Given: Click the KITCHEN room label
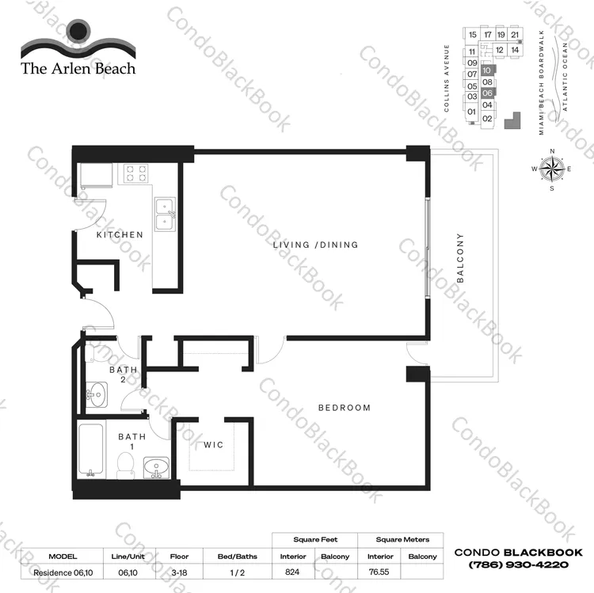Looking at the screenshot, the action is tap(120, 235).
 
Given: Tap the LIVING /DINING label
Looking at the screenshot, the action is tap(315, 245).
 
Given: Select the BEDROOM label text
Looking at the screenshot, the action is tap(345, 408).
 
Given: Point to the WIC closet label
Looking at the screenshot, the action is tap(213, 445).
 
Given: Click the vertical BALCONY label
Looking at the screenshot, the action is tap(460, 258).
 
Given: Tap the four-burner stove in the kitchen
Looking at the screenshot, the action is tap(136, 173).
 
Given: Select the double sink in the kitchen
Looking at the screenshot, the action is tap(166, 215).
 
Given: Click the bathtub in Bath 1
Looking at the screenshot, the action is tap(91, 449).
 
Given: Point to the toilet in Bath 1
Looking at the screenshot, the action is tap(125, 466).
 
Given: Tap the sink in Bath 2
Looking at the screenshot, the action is tap(97, 394).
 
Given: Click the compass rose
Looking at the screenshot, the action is tap(552, 169).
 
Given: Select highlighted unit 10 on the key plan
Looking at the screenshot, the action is tap(488, 70).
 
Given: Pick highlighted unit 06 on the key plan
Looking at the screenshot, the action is tap(488, 93).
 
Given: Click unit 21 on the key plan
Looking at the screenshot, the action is tap(515, 35).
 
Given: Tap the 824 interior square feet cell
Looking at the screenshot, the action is tap(292, 572).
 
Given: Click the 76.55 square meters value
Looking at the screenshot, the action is tap(379, 572).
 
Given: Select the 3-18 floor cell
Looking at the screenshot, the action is tap(179, 572).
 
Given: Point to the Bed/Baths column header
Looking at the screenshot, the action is tap(238, 557).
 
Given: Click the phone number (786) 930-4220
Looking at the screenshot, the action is tap(519, 564).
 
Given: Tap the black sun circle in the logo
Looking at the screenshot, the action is tap(78, 30).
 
